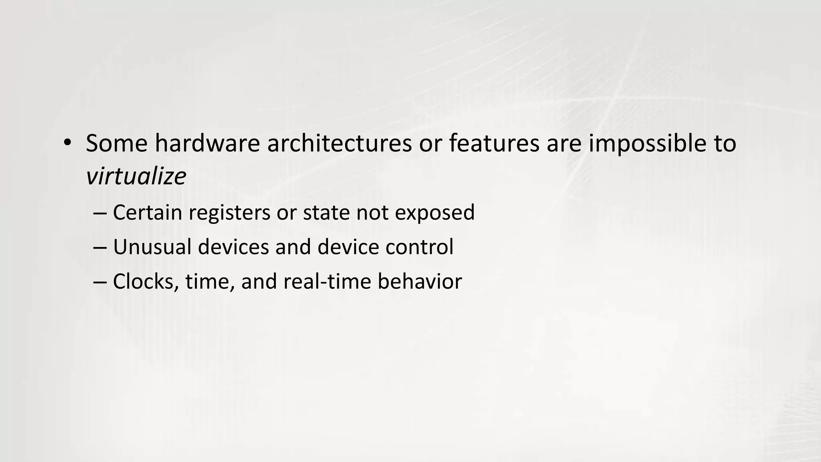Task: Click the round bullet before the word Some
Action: tap(67, 142)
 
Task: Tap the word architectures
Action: tap(339, 143)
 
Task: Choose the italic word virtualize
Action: tap(136, 176)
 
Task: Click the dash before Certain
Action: tap(99, 213)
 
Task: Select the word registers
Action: tap(229, 213)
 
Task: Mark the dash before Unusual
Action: tap(99, 247)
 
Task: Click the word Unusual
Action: tap(152, 247)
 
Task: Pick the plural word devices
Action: tap(233, 247)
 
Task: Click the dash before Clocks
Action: tap(99, 282)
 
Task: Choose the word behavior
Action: tap(419, 282)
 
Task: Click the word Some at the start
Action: tap(117, 143)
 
